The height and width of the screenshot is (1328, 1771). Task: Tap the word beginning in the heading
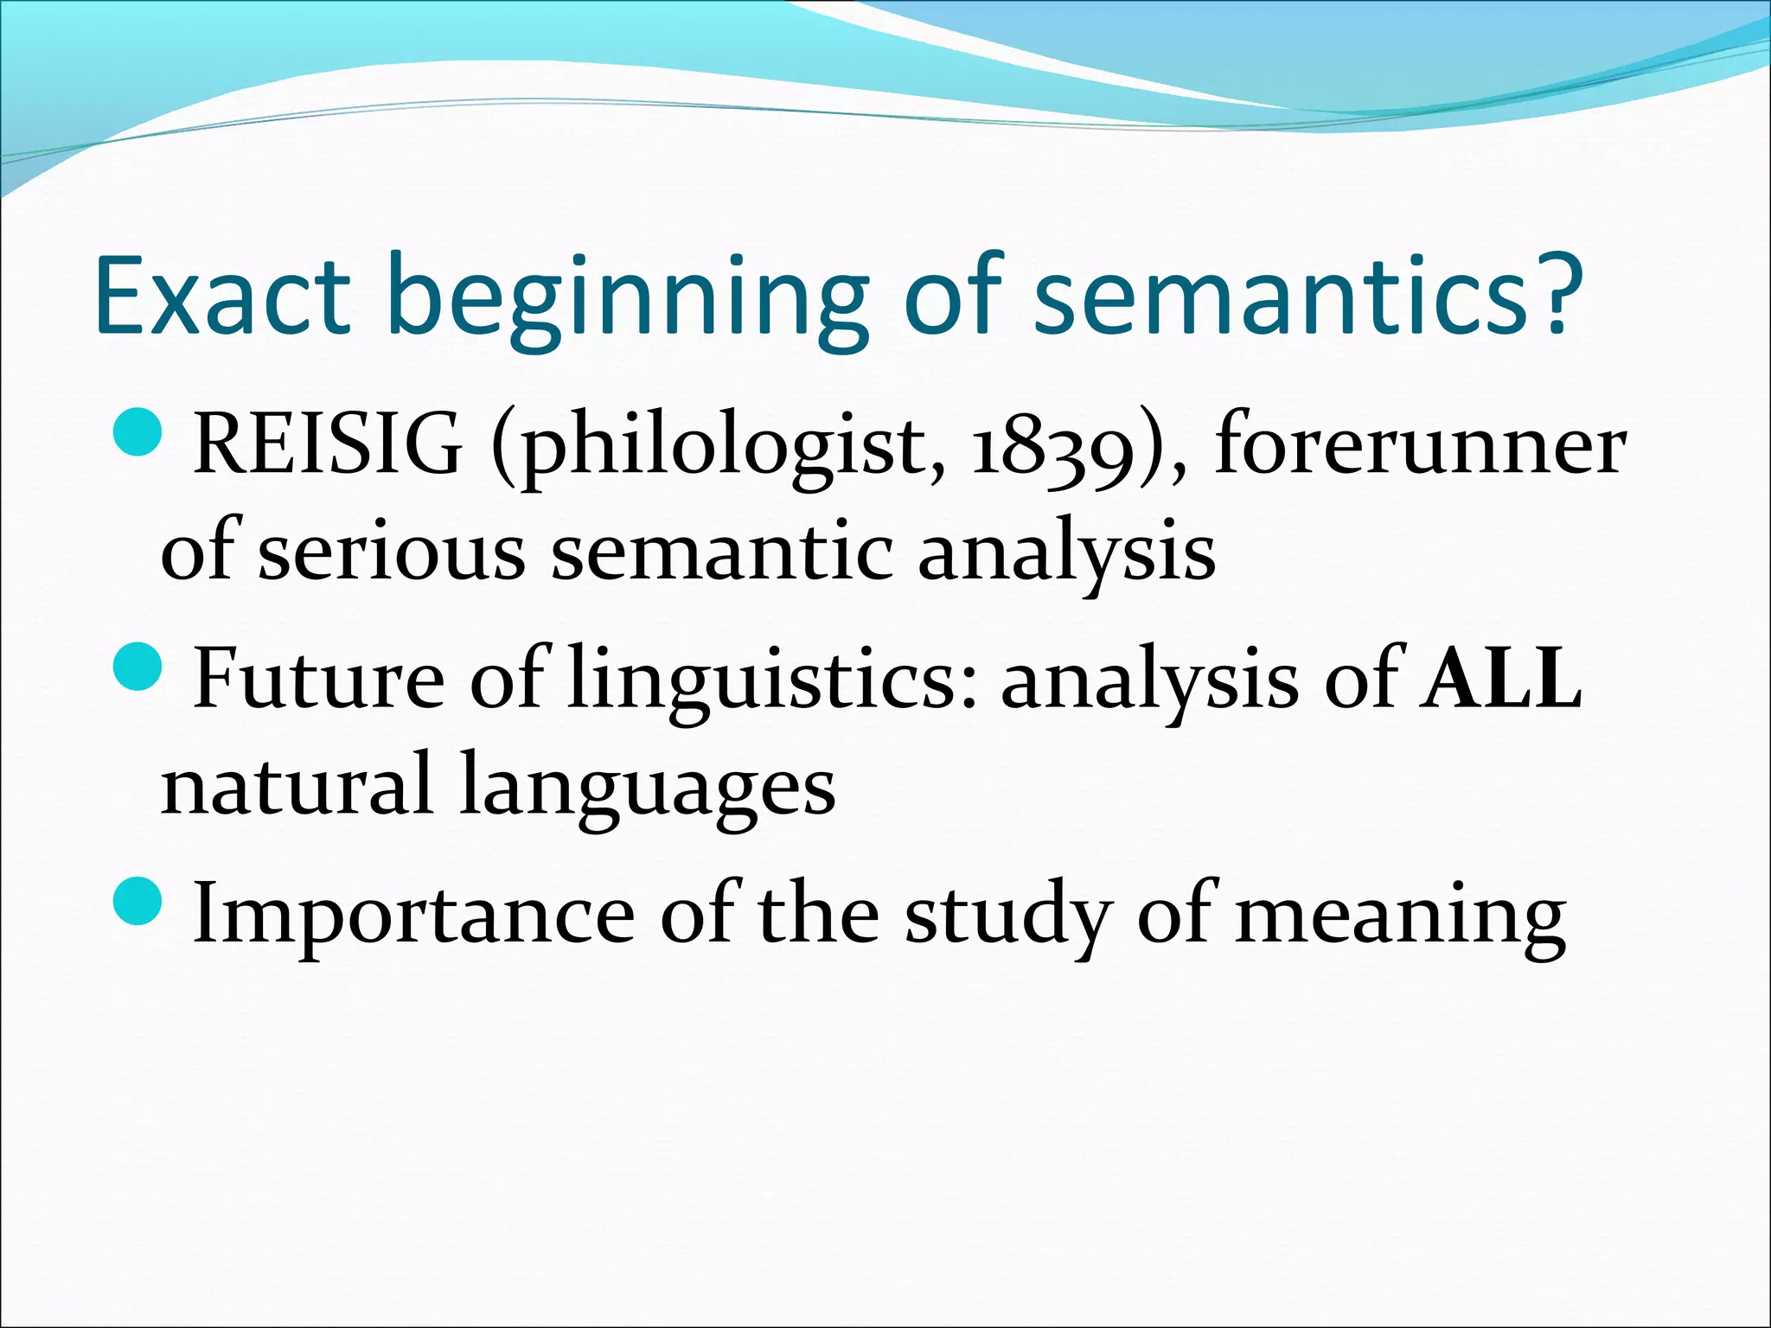click(x=627, y=298)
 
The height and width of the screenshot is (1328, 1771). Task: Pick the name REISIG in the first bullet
click(x=328, y=445)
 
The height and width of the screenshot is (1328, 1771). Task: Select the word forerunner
click(x=1419, y=445)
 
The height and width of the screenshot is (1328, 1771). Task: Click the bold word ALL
click(x=1501, y=677)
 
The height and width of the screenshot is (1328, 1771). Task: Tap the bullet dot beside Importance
click(x=137, y=900)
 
